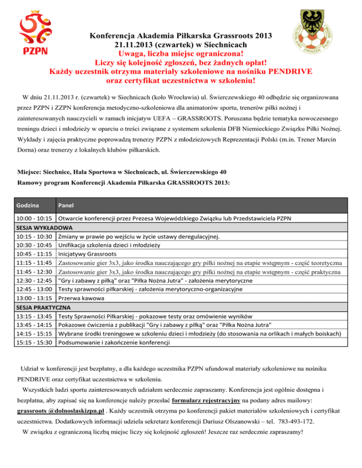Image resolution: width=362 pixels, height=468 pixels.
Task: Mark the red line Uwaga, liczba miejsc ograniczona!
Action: (181, 54)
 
